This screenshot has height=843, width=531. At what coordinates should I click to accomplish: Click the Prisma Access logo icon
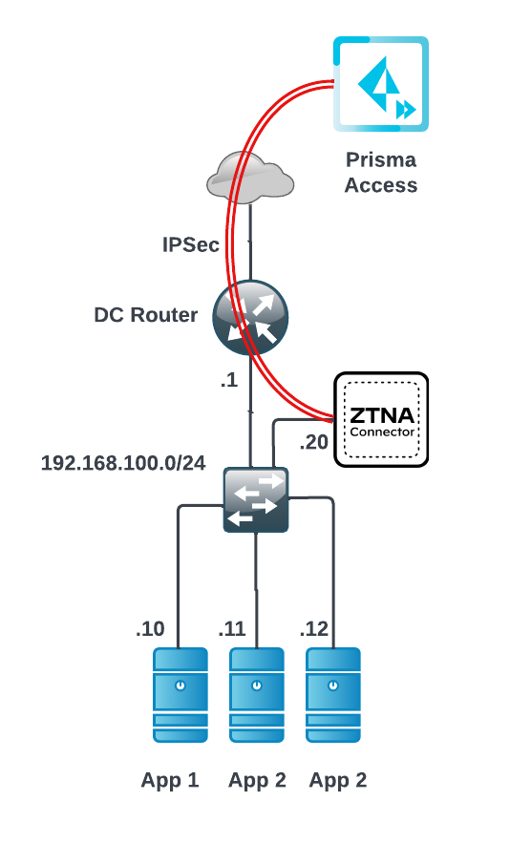(381, 84)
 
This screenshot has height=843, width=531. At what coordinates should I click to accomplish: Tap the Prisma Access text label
(381, 172)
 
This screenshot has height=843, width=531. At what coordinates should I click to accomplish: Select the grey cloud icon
(250, 178)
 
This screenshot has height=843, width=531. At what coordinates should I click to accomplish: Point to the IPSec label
(191, 244)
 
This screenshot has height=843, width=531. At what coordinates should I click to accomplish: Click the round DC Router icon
(250, 317)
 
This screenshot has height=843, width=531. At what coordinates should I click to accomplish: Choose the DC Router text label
(146, 315)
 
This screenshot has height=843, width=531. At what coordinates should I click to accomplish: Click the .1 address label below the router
(229, 380)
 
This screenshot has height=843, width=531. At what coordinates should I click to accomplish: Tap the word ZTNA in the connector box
(382, 415)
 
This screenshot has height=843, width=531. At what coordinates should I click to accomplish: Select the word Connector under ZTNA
(382, 432)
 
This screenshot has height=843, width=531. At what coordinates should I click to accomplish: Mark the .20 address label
(314, 442)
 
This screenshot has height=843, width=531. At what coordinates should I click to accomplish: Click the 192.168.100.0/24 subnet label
(123, 463)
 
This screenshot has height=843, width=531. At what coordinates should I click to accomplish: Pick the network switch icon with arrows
(256, 500)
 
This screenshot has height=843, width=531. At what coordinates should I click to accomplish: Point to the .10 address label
(150, 628)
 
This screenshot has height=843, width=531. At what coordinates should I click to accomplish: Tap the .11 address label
(232, 628)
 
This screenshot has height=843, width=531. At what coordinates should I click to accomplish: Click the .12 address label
(314, 628)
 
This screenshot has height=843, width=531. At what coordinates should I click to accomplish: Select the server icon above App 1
(181, 695)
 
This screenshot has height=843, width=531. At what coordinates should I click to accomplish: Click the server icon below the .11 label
(257, 695)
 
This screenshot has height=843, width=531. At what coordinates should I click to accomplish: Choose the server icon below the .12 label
(333, 695)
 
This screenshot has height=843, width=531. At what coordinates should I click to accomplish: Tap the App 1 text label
(170, 780)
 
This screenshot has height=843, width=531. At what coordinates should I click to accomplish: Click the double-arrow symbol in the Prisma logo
(406, 110)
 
